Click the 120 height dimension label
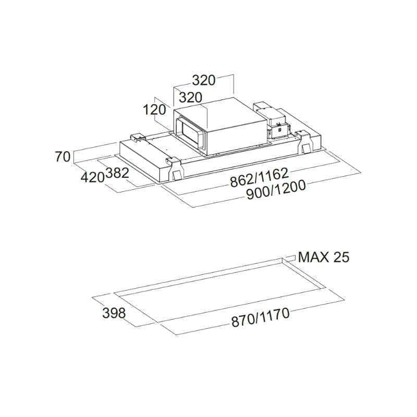(x=154, y=109)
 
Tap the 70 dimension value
(x=63, y=156)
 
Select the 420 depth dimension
(x=93, y=177)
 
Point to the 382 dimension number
(x=117, y=173)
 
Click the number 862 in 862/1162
(x=242, y=181)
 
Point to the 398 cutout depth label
(x=114, y=313)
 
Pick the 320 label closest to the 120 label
(x=190, y=97)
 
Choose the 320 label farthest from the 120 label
(x=204, y=80)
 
